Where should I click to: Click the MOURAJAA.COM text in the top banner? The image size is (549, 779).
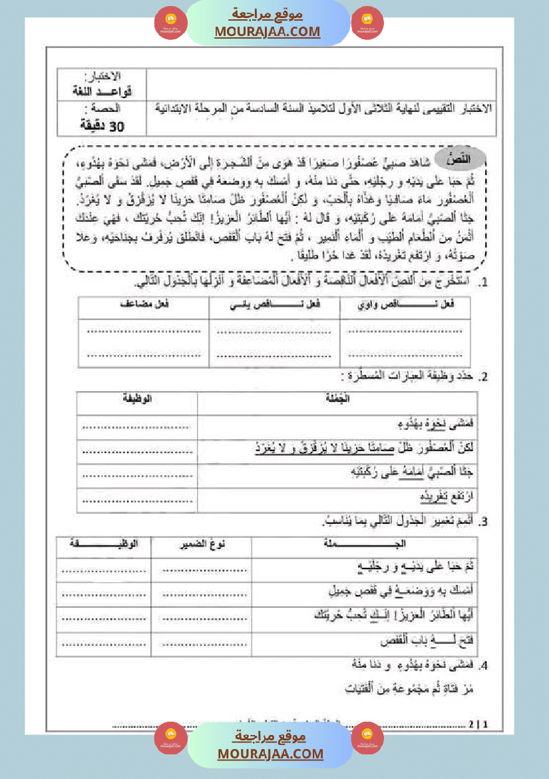tap(267, 31)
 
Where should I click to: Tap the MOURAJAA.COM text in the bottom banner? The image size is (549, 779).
tap(270, 754)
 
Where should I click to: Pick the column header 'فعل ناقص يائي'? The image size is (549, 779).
tap(274, 305)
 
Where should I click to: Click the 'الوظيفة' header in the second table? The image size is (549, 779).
tap(136, 398)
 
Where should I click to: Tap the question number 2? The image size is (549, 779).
tap(485, 377)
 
